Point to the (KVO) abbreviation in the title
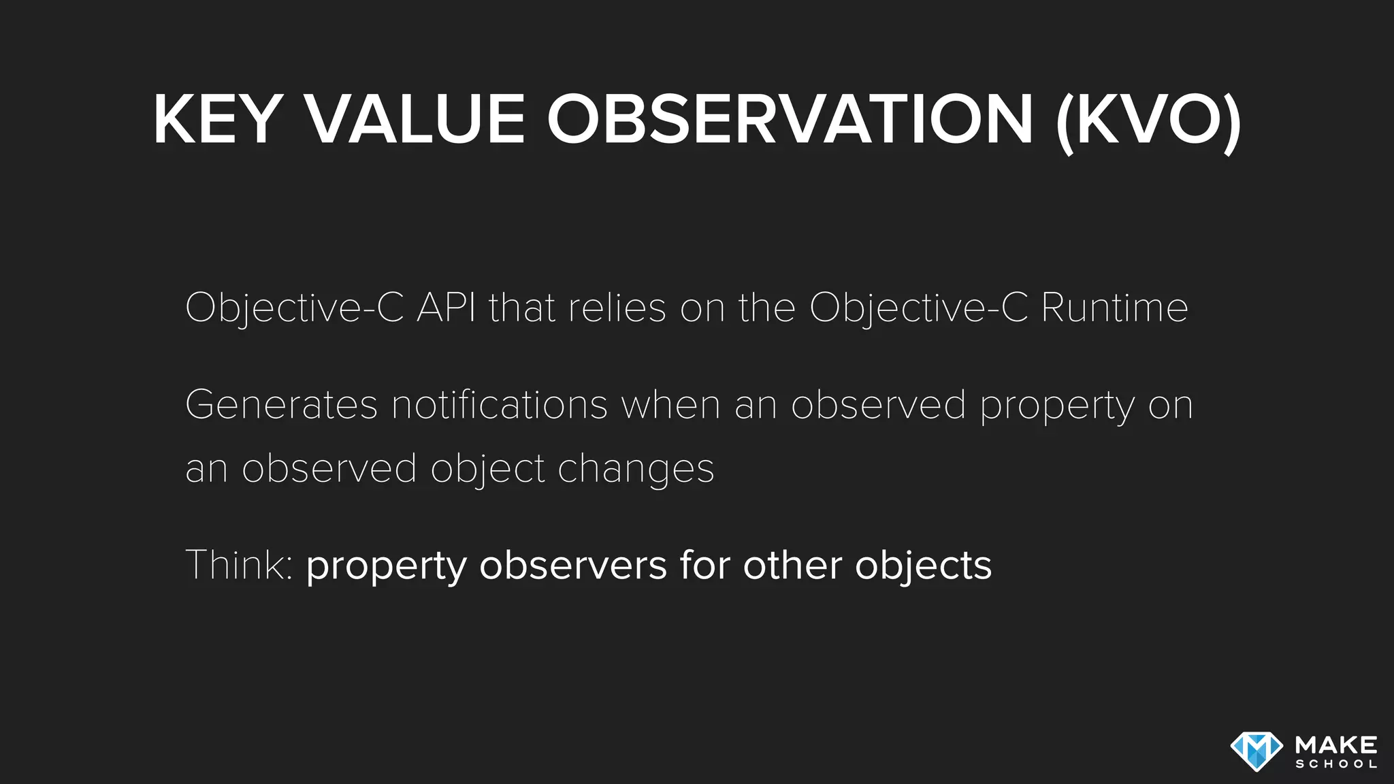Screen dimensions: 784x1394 tap(1148, 121)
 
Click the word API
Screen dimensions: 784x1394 tap(447, 308)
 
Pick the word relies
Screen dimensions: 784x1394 tap(617, 308)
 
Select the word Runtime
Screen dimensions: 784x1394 tap(1114, 308)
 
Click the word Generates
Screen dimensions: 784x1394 tap(281, 405)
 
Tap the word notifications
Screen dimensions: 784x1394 tap(500, 405)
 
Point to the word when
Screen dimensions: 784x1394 tap(670, 405)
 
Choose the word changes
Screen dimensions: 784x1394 tap(636, 469)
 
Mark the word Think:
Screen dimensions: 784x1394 tap(239, 565)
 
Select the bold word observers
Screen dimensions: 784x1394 tap(573, 566)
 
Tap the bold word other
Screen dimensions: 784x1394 tap(792, 565)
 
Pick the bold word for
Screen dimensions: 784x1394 tap(704, 565)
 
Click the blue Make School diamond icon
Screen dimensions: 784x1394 tap(1257, 751)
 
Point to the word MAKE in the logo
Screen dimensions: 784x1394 tap(1336, 745)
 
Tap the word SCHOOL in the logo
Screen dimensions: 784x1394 tap(1336, 764)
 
